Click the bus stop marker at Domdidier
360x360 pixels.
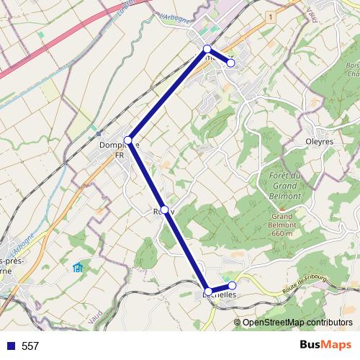click(128, 139)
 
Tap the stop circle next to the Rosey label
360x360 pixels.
click(165, 210)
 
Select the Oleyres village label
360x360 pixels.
click(319, 142)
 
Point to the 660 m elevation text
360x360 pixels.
click(282, 233)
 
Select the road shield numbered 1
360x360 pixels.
click(270, 16)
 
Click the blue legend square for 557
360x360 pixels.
click(9, 346)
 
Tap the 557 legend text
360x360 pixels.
click(30, 346)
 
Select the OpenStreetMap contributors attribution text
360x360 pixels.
click(297, 322)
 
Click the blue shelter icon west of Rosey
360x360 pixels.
click(78, 269)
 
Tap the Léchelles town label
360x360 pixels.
click(220, 294)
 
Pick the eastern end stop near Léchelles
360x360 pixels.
click(232, 285)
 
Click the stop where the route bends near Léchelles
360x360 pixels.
click(208, 291)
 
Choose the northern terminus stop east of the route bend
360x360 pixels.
click(231, 63)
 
